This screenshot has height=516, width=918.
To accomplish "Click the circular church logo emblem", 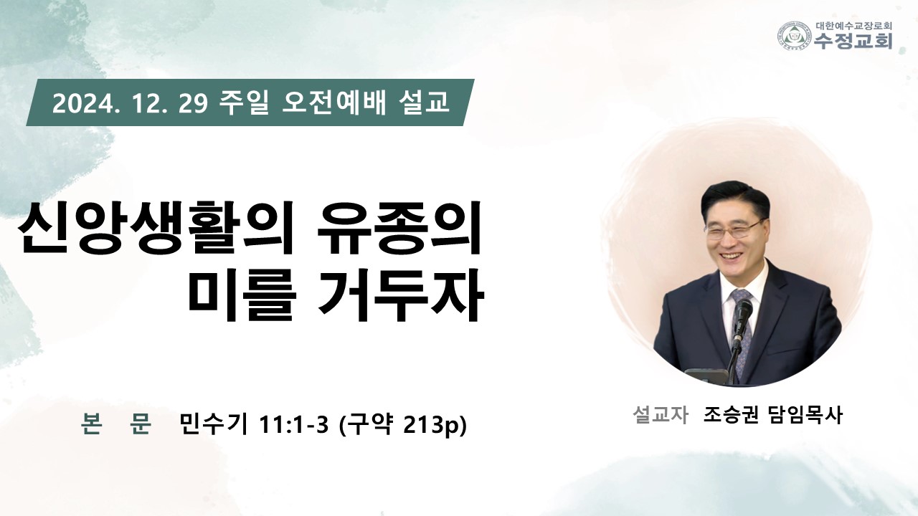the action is (x=794, y=36).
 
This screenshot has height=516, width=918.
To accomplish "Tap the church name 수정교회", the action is (x=853, y=41).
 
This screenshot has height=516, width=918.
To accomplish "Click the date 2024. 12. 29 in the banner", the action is (x=130, y=104).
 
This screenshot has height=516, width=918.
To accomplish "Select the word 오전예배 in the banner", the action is (x=334, y=102).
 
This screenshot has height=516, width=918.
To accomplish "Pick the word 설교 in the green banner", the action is (x=424, y=102).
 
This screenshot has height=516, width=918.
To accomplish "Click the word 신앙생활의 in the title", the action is (x=156, y=228).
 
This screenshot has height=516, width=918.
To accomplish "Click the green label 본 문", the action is (x=116, y=424).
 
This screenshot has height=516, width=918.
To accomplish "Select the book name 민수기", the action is (x=214, y=424).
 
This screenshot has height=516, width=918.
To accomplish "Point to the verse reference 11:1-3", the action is (x=294, y=425).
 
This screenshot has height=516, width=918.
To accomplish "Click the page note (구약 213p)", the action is (x=404, y=425).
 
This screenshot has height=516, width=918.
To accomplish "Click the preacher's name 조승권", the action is (x=731, y=414).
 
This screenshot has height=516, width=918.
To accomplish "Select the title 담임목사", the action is (x=806, y=414).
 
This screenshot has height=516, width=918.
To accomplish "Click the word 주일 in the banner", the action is (x=244, y=102).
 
